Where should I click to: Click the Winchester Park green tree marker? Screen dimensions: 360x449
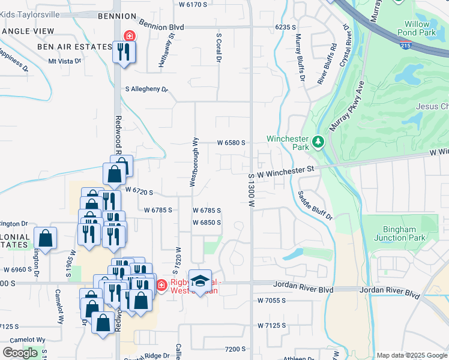[x=318, y=143]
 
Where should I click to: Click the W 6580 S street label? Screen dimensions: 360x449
[x=232, y=143]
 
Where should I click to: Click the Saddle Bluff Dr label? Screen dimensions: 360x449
[x=315, y=205]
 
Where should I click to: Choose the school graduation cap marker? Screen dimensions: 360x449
[x=200, y=280]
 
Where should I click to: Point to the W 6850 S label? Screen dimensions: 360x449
[x=207, y=223]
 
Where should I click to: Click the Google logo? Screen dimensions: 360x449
[x=20, y=353]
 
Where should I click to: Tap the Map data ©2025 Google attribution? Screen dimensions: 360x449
[x=412, y=355]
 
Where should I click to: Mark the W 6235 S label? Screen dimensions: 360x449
[x=286, y=27]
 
